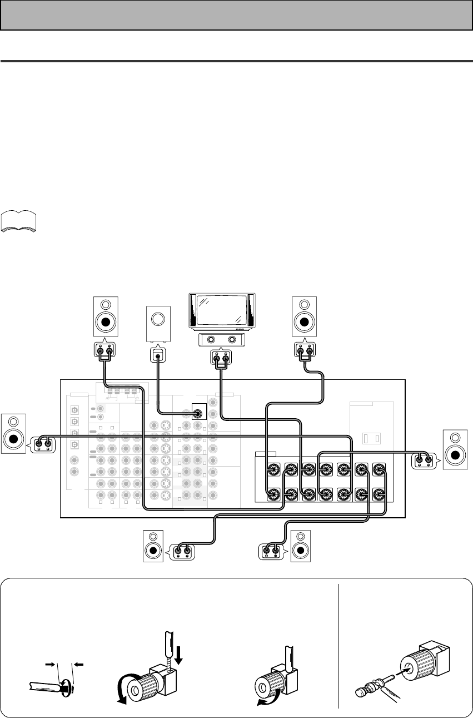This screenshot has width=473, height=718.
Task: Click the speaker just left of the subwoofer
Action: (105, 318)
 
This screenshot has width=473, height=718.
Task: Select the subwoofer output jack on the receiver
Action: (197, 413)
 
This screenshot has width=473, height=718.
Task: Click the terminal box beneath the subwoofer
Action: (158, 354)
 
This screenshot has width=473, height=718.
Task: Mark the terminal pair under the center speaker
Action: (221, 359)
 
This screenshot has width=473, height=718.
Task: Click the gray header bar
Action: (236, 14)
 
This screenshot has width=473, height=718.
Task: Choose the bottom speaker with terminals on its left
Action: (301, 547)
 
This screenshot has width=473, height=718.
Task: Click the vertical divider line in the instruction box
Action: (339, 645)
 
